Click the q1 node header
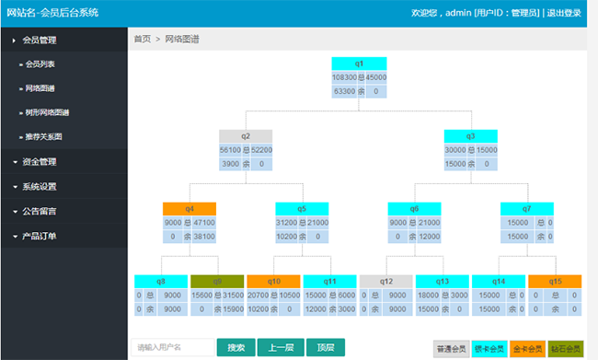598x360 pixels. pos(359,63)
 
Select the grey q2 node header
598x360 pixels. pos(246,135)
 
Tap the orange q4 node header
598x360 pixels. pos(189,208)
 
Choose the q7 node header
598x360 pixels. pos(527,208)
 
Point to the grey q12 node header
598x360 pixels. pos(386,281)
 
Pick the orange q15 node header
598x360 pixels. pos(555,281)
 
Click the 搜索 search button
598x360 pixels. pos(236,347)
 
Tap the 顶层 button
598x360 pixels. pos(325,347)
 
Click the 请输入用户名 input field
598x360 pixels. pos(172,347)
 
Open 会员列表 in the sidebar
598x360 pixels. pos(40,64)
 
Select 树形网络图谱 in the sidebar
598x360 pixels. pos(48,112)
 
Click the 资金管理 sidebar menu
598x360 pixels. pos(40,161)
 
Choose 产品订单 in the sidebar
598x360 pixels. pos(40,236)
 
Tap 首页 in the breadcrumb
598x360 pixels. pos(143,40)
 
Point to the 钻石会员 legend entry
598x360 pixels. pos(566,349)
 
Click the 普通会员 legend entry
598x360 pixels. pos(452,349)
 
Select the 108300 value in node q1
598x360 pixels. pos(344,78)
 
